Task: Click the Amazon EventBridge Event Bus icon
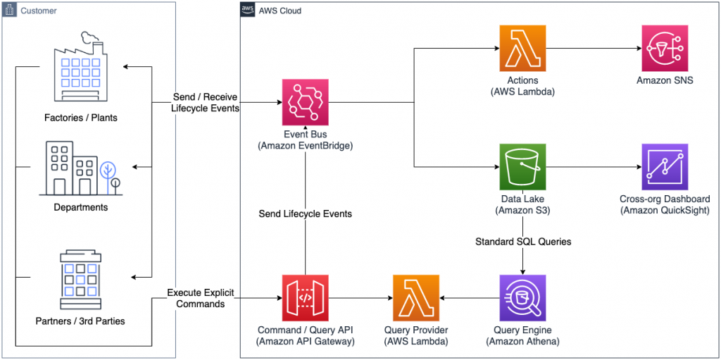(306, 102)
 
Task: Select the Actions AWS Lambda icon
(522, 49)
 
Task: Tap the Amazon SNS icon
(665, 49)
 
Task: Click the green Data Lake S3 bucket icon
(522, 167)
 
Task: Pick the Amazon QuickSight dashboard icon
(665, 167)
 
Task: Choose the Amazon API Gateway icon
(306, 298)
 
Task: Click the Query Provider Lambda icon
(416, 298)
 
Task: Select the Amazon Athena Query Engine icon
(522, 298)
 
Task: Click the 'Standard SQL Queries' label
(522, 242)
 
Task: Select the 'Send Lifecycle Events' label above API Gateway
(306, 213)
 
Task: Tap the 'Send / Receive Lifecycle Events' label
(204, 102)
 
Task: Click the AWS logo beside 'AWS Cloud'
(248, 11)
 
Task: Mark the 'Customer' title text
(38, 11)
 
